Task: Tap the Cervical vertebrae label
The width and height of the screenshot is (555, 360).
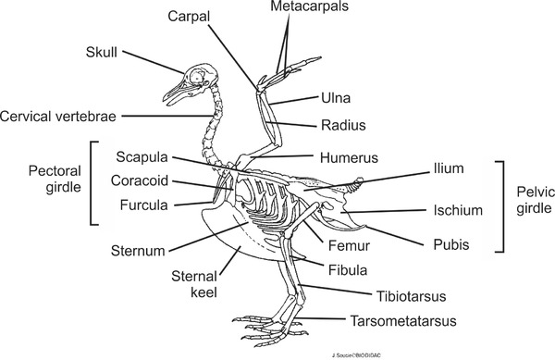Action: [x=60, y=116]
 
